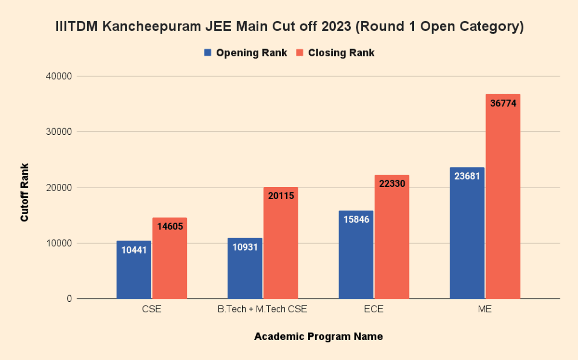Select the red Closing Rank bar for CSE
pyautogui.click(x=170, y=262)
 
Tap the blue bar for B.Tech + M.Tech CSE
pyautogui.click(x=245, y=272)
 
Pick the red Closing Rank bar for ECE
pyautogui.click(x=392, y=241)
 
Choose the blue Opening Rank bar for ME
pyautogui.click(x=467, y=236)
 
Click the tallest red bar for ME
pyautogui.click(x=503, y=202)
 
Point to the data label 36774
pyautogui.click(x=503, y=103)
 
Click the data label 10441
pyautogui.click(x=134, y=250)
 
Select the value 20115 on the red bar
pyautogui.click(x=281, y=196)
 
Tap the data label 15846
pyautogui.click(x=356, y=219)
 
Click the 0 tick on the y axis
pyautogui.click(x=69, y=299)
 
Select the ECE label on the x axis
pyautogui.click(x=374, y=309)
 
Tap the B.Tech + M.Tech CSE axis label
pyautogui.click(x=262, y=309)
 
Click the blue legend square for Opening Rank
pyautogui.click(x=208, y=52)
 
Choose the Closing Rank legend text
pyautogui.click(x=341, y=53)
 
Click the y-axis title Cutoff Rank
pyautogui.click(x=25, y=193)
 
